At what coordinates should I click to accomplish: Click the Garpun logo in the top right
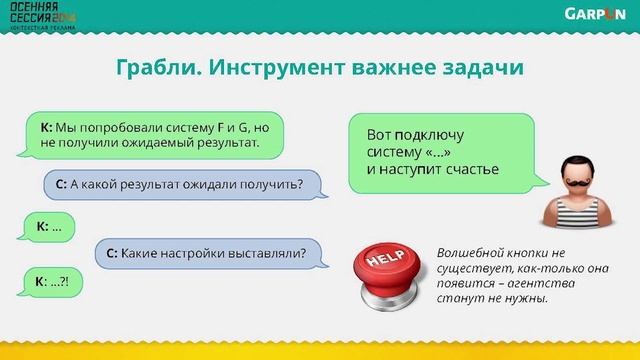coord(595,14)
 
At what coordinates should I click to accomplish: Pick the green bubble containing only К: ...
coord(50,227)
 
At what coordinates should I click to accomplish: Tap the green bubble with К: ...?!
coord(53,282)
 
